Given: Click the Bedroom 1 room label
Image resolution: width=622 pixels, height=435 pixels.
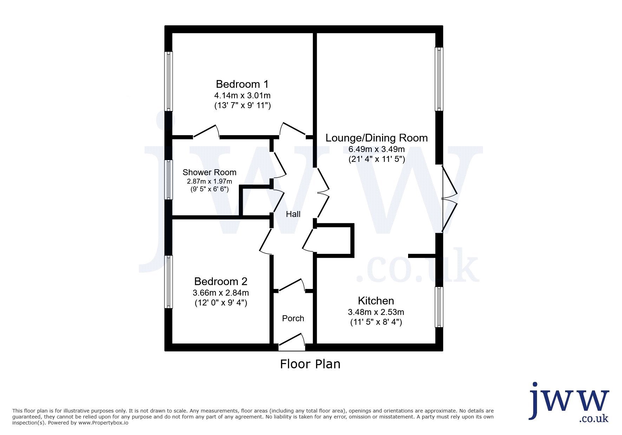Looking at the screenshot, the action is tap(242, 84).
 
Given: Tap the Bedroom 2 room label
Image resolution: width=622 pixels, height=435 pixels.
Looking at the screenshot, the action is tap(221, 282).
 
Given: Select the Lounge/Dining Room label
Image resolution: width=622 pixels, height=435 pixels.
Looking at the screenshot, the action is tap(377, 138).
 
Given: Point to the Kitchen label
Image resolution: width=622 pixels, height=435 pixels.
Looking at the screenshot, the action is tap(376, 301).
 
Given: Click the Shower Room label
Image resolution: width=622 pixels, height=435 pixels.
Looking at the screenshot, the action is tap(209, 172).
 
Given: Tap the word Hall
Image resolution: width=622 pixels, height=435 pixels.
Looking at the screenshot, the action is tap(293, 214).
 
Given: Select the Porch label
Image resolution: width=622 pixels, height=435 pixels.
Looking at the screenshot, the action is tap(293, 318).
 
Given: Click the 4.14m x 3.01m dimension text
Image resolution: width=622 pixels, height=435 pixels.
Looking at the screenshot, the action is tap(242, 95).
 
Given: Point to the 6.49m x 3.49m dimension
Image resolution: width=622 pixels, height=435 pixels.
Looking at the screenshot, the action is tap(377, 149).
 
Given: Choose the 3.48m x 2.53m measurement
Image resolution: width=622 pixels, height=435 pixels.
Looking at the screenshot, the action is tap(376, 312).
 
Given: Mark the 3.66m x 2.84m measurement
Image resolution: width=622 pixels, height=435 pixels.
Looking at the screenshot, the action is tap(221, 293).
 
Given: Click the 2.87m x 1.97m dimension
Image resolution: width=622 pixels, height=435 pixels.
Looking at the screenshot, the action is tap(209, 182).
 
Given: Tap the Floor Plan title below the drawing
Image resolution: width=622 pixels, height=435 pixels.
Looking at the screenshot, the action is tap(310, 364).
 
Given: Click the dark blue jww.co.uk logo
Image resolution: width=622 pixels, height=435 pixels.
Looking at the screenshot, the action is tap(569, 402).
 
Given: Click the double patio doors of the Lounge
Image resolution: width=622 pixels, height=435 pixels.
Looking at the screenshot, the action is tap(449, 198).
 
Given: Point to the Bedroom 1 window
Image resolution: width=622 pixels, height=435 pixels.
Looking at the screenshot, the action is tap(169, 81).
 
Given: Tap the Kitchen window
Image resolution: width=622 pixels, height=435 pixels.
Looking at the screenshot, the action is tap(439, 307).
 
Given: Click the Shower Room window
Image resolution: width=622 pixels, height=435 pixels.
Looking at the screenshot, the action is tap(169, 180).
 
